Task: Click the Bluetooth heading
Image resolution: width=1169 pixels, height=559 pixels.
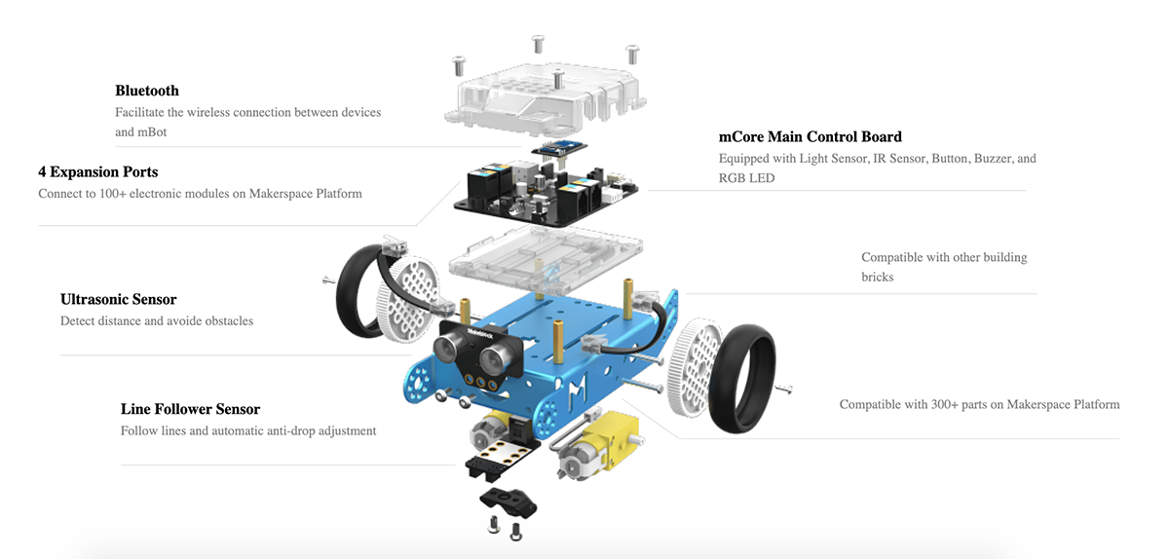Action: [147, 91]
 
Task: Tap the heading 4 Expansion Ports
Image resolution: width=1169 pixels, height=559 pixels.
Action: [97, 172]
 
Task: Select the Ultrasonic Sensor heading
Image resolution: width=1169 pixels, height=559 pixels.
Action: [119, 300]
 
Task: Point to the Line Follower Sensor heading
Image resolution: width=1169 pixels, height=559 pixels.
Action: [190, 409]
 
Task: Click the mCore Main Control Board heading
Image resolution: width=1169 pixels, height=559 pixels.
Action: [810, 136]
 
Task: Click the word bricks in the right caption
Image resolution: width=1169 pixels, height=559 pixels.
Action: [878, 278]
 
